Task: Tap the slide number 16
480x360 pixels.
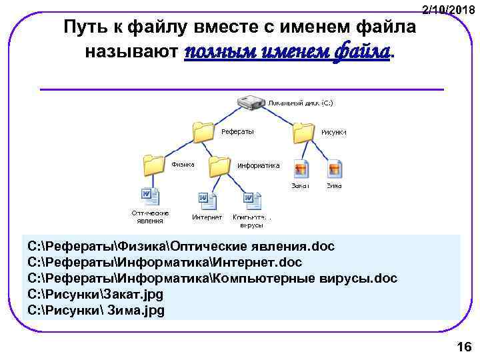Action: pyautogui.click(x=463, y=346)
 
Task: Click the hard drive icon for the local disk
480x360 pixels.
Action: pyautogui.click(x=251, y=104)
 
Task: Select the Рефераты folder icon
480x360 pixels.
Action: pyautogui.click(x=203, y=132)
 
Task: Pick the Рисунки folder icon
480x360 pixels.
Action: pyautogui.click(x=303, y=132)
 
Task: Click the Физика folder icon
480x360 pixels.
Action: pyautogui.click(x=153, y=165)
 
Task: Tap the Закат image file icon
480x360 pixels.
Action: pyautogui.click(x=301, y=169)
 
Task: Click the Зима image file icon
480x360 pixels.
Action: pyautogui.click(x=335, y=169)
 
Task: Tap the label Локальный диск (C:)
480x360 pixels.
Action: pyautogui.click(x=301, y=104)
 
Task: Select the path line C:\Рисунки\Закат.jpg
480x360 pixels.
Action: pyautogui.click(x=95, y=294)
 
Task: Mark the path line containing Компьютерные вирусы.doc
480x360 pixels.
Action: pyautogui.click(x=212, y=278)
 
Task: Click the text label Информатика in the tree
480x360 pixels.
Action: pyautogui.click(x=259, y=165)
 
